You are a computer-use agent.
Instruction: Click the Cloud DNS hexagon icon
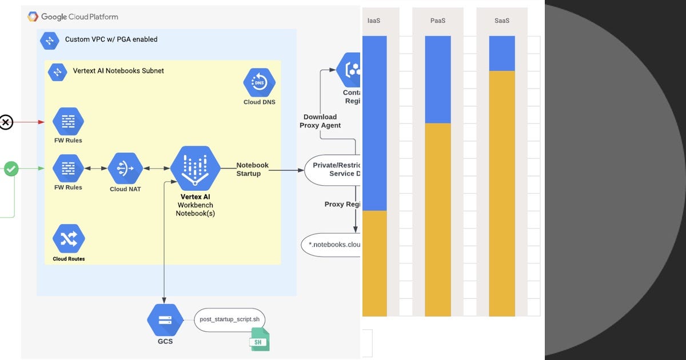[259, 83]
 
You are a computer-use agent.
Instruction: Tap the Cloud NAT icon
[125, 168]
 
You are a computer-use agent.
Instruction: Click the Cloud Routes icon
[69, 239]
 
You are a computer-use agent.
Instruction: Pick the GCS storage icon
[165, 320]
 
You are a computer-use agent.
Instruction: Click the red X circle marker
[6, 122]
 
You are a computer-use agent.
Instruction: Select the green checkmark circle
[11, 169]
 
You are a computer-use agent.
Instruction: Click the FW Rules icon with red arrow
[68, 121]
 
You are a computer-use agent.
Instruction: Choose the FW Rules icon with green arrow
[68, 168]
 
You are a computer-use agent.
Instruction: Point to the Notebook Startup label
[252, 169]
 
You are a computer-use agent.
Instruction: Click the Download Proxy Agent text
[320, 121]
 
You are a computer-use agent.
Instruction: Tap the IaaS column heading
[374, 21]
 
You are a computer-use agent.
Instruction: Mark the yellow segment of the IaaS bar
[374, 263]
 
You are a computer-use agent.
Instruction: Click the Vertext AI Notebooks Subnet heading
[118, 71]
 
